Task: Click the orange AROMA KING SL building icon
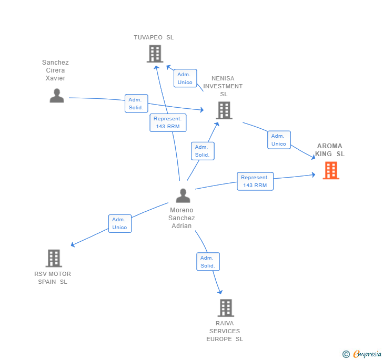coord(331,170)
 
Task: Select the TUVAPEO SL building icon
coord(155,54)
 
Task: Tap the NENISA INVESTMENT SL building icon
coord(224,110)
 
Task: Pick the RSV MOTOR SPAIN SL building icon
coord(54,258)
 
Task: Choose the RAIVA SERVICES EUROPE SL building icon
coord(226,308)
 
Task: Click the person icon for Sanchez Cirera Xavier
coord(57,96)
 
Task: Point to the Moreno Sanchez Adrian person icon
coord(183,196)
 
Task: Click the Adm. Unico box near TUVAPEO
coord(185,78)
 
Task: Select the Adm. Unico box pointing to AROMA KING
coord(279,140)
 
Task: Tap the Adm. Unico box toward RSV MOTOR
coord(120,223)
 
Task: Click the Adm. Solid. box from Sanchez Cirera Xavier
coord(136,104)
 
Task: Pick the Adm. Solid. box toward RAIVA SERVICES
coord(208,262)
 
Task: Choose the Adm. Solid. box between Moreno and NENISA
coord(203,151)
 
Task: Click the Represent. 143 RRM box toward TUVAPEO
coord(168,123)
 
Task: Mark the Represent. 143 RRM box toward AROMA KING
coord(255,181)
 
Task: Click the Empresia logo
coord(362,354)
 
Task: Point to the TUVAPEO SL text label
coord(154,37)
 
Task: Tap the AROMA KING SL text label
coord(329,150)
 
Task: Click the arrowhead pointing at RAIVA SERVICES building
coord(220,292)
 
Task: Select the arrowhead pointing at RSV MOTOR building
coord(73,244)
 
